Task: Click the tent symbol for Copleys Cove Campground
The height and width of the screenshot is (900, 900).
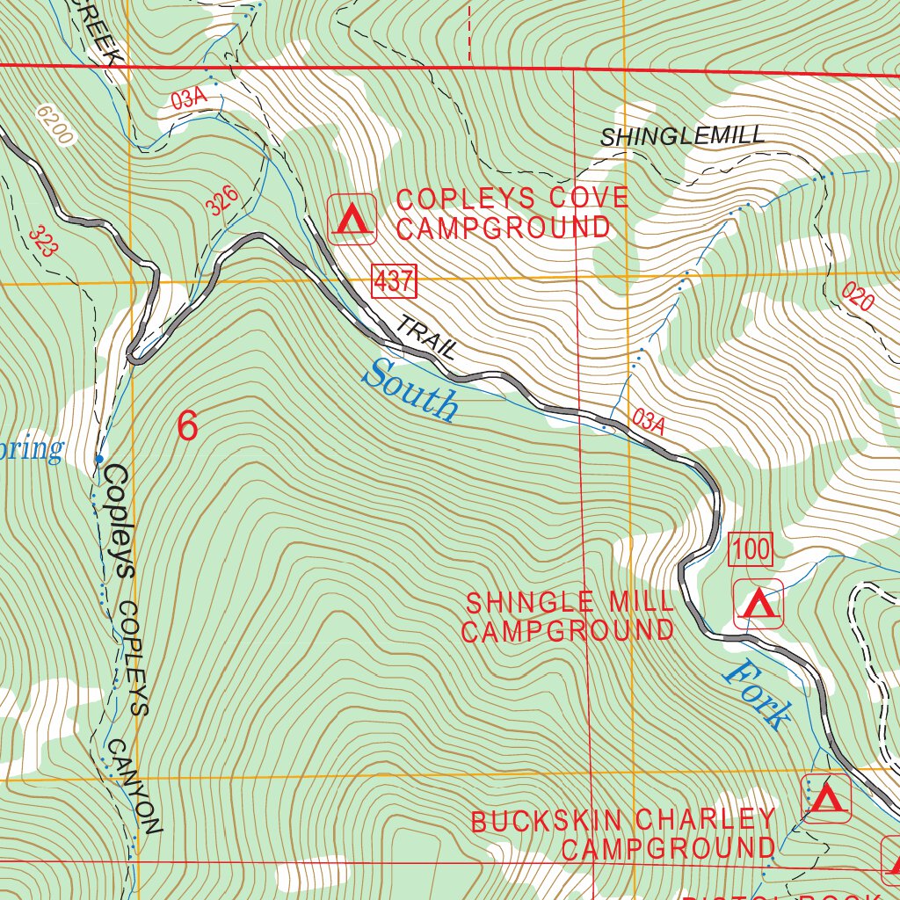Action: click(352, 219)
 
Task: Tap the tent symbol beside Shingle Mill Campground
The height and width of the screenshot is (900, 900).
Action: click(758, 605)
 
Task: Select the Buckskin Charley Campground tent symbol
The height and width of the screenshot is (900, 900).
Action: click(826, 798)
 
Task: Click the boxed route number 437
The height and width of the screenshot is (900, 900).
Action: click(394, 282)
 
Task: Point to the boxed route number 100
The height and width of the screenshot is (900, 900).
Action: click(751, 551)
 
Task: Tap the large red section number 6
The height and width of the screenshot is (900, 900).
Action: click(187, 426)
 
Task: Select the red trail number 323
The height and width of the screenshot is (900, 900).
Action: click(42, 241)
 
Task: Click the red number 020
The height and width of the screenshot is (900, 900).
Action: click(858, 298)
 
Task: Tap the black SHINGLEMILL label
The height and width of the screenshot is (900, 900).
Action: click(683, 136)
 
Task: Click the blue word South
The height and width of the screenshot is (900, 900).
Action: click(411, 392)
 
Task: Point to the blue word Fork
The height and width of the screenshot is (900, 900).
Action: click(757, 694)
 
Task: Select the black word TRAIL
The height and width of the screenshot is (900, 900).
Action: click(427, 337)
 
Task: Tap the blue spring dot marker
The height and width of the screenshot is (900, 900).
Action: click(99, 459)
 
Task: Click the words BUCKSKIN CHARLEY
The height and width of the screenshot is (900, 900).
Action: click(623, 821)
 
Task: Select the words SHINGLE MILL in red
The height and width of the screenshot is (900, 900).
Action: click(570, 603)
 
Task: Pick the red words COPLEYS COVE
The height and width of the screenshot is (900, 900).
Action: click(512, 199)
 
